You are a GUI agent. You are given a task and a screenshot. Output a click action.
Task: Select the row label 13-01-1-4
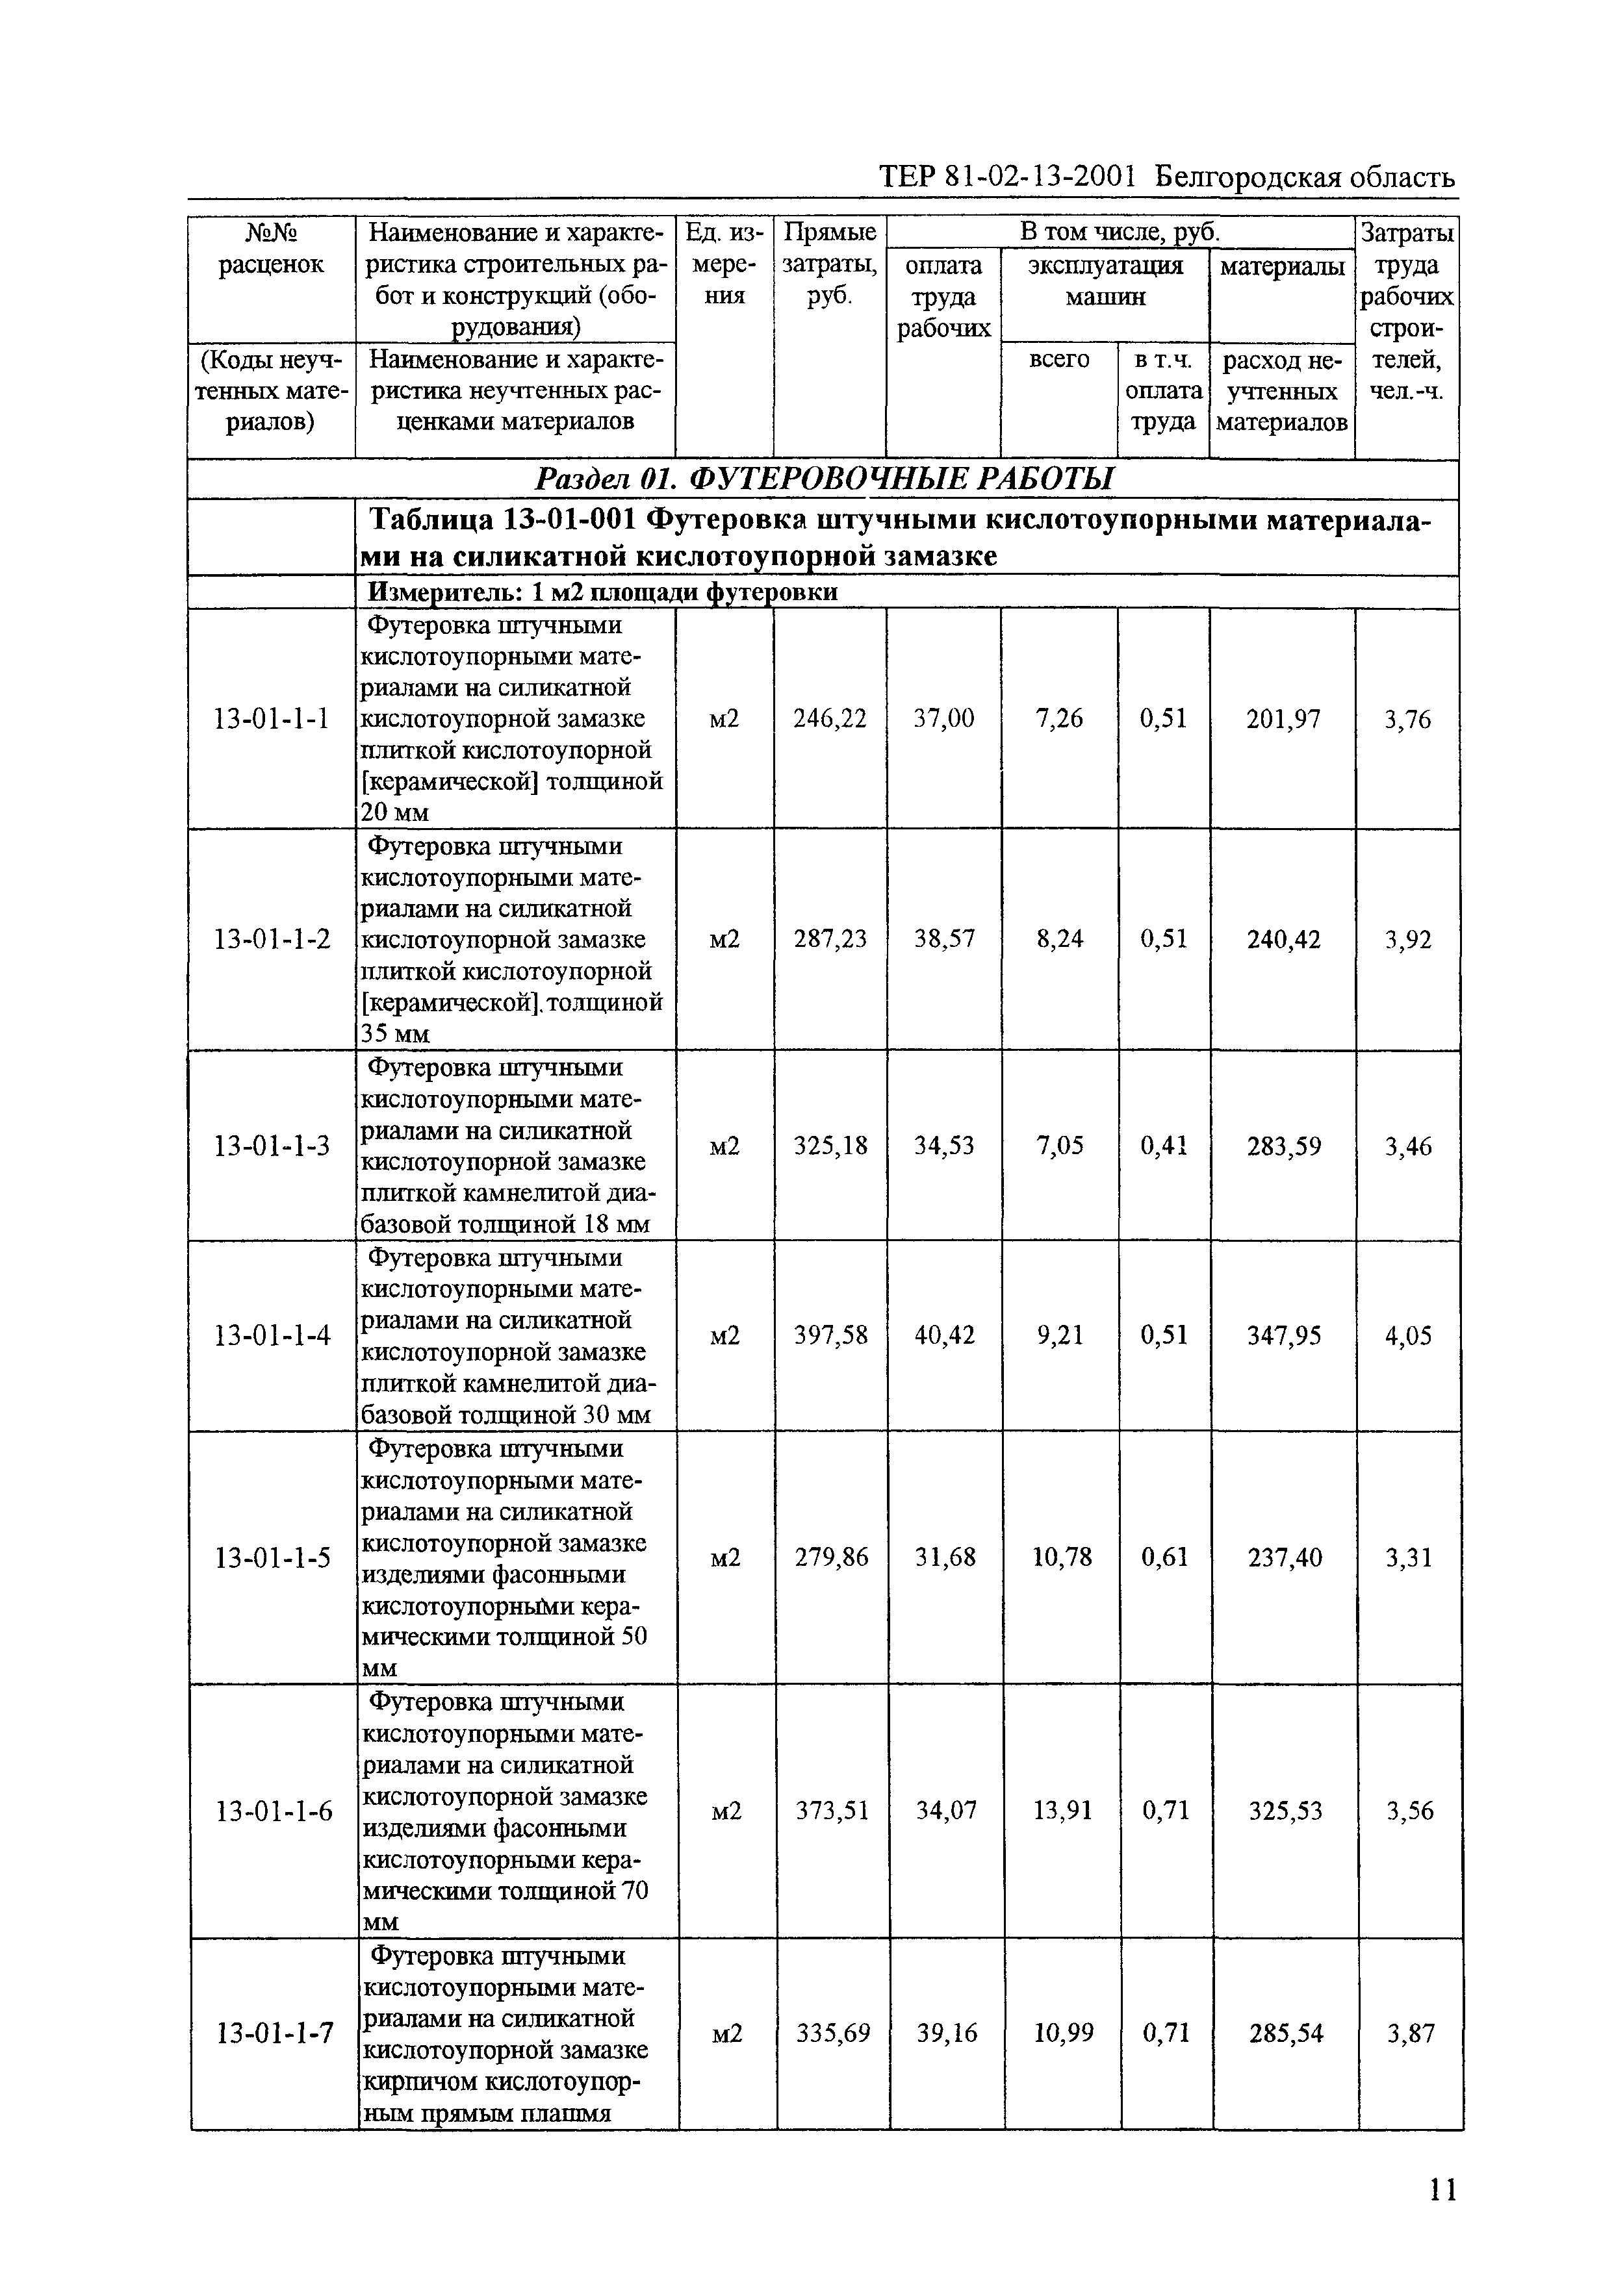pos(272,1335)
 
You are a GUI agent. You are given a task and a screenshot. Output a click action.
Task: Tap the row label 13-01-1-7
pos(274,2033)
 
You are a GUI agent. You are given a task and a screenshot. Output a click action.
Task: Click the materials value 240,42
pos(1283,940)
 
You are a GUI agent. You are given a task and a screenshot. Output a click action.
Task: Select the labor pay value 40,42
pos(943,1335)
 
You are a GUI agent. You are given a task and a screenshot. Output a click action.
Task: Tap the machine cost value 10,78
pos(1062,1557)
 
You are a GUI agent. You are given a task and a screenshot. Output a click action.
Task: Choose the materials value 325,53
pos(1285,1811)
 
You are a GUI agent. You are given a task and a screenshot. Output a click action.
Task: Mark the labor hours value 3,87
pos(1409,2033)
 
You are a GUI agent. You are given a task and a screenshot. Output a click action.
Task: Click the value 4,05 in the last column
pos(1408,1336)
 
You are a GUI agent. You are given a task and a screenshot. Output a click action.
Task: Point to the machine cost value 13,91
pos(1062,1811)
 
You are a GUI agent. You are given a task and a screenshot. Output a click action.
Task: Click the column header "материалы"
pos(1282,266)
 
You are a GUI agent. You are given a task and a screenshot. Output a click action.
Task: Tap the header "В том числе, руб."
pos(1120,233)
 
